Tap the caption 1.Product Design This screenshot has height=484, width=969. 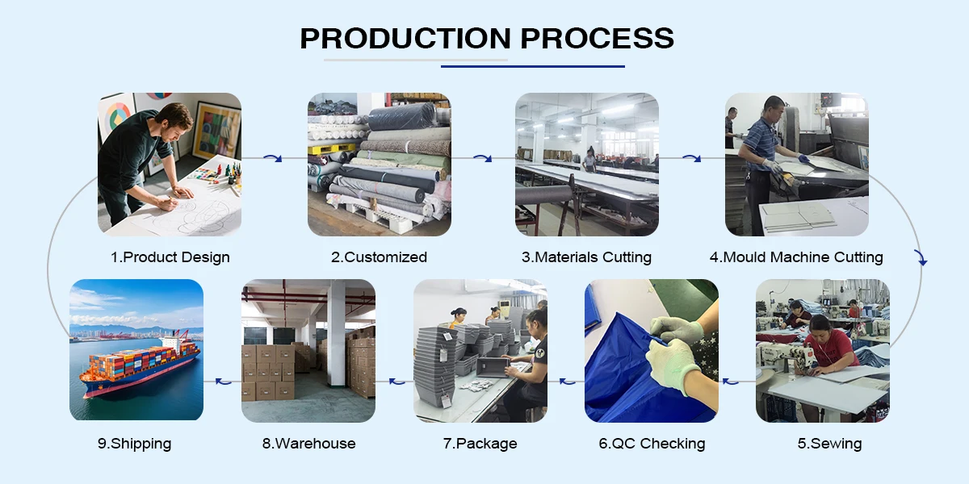coord(170,257)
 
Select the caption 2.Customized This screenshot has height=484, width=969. coord(379,257)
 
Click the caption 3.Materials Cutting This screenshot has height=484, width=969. coord(586,257)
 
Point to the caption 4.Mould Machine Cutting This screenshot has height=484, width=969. coord(796,257)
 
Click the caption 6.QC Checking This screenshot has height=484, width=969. coord(652,444)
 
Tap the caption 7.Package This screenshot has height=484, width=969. coord(480,444)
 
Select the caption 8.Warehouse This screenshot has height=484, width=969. coord(308,444)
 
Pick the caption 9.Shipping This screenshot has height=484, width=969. coord(136,444)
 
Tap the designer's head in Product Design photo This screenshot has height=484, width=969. coord(176,121)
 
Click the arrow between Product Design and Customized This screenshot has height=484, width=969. coord(275,158)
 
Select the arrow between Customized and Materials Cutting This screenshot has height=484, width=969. coord(483,158)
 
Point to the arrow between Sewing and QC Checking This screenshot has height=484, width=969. coord(731,380)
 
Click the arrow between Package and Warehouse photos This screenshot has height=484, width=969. coord(396,380)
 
